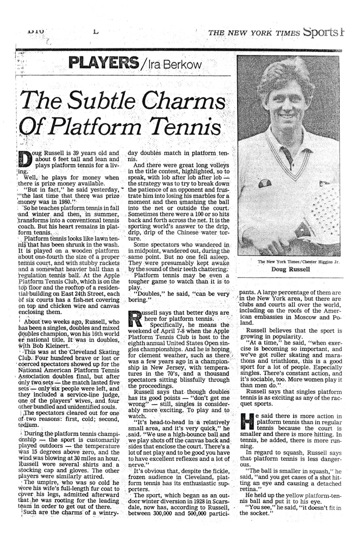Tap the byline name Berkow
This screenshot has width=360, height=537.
point(184,64)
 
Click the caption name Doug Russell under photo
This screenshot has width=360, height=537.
point(290,269)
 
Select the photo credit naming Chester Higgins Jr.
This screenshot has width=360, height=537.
point(298,262)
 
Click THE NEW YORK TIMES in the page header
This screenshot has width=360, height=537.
point(254,33)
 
